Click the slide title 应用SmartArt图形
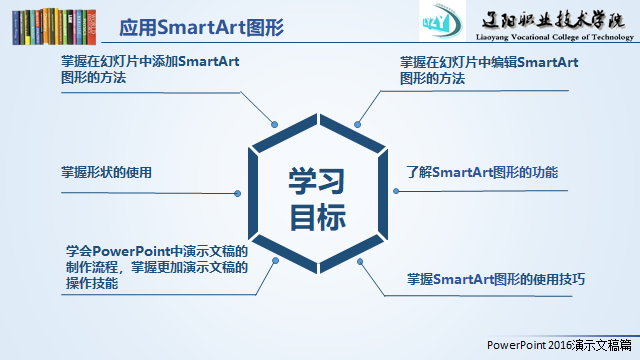201,28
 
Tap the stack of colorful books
54,27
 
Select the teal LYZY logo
442,20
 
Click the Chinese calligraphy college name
553,19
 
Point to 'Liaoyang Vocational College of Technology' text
555,37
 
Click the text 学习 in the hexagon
317,181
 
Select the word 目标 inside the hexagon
318,217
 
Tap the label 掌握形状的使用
106,172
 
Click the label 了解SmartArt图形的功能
482,172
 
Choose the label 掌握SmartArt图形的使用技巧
496,279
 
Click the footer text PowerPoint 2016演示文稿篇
559,345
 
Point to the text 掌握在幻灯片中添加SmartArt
150,62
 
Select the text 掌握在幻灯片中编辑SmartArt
489,62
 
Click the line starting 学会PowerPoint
157,251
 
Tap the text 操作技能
92,283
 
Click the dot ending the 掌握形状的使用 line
238,193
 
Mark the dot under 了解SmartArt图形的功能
396,191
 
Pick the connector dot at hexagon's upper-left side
275,124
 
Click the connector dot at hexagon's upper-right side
358,124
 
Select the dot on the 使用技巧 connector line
360,262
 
